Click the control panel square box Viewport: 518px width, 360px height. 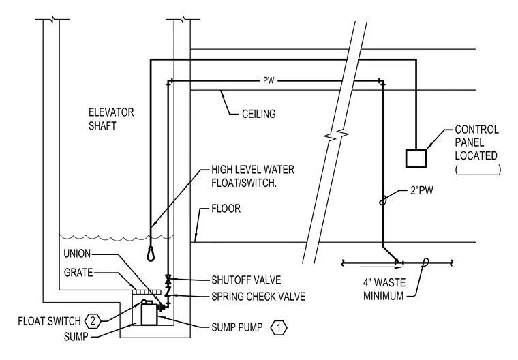coord(416,158)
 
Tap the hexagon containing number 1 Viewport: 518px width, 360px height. coord(279,328)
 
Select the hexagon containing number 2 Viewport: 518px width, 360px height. coord(93,321)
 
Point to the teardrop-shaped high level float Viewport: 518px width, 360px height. coord(151,254)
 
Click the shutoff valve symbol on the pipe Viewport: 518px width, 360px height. coord(168,280)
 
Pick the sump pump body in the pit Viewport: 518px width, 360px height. coord(149,314)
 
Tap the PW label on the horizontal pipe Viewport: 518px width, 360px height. coord(269,80)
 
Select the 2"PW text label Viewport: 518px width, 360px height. coord(421,190)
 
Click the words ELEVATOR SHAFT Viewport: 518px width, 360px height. coord(111,119)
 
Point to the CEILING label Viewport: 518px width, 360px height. coord(259,114)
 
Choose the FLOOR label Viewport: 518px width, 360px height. coord(226,209)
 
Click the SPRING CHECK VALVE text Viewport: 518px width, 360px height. coord(258,297)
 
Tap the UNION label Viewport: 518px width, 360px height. coord(77,254)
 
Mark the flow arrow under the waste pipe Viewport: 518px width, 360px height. coord(382,267)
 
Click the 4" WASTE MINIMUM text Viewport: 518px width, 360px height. coord(384,289)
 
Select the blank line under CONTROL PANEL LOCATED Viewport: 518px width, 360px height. coord(478,174)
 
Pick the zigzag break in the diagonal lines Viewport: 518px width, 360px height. coord(336,135)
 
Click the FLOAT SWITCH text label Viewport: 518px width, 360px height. coord(49,321)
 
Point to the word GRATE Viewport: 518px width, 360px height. coord(78,273)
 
